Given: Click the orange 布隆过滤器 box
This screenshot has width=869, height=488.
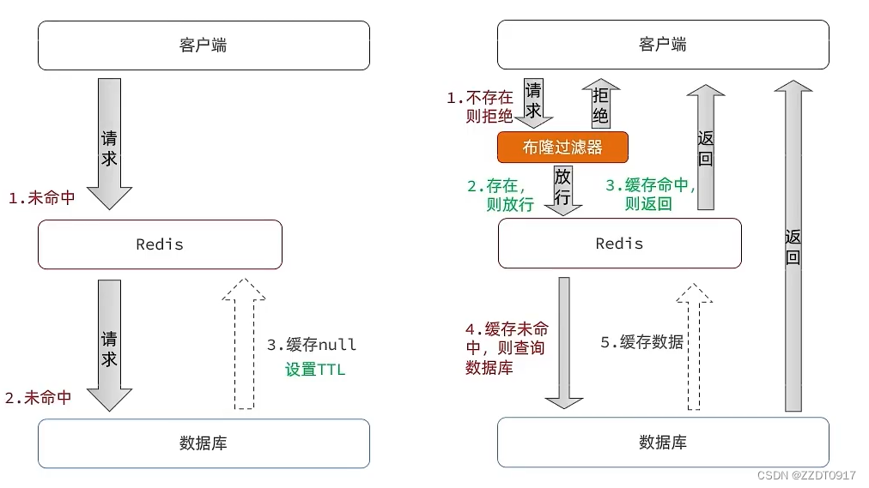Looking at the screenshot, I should [562, 147].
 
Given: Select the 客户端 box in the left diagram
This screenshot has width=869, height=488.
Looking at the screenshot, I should [204, 45].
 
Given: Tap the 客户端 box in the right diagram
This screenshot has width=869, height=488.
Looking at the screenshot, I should [663, 45].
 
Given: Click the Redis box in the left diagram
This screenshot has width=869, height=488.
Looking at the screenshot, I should [160, 244].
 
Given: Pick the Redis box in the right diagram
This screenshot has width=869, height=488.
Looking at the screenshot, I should [619, 244].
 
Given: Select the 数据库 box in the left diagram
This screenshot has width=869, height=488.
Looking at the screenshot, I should [204, 443].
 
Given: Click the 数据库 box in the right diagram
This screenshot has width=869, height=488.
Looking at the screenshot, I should [663, 443].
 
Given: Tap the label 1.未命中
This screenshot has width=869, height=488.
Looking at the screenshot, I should [41, 198].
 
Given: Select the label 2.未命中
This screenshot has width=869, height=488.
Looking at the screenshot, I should [38, 398].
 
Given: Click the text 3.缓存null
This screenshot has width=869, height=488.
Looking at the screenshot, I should [311, 345].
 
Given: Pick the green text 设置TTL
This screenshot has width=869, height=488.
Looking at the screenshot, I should [315, 371].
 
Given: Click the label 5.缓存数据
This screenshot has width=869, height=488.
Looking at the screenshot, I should [641, 342].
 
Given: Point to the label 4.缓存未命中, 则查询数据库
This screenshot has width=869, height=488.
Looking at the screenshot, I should [507, 348].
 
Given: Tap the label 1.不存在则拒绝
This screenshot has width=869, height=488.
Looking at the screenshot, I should [481, 107].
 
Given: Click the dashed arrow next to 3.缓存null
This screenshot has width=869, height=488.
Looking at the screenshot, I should [244, 343].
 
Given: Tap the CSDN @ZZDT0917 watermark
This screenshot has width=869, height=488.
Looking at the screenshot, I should [807, 475].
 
